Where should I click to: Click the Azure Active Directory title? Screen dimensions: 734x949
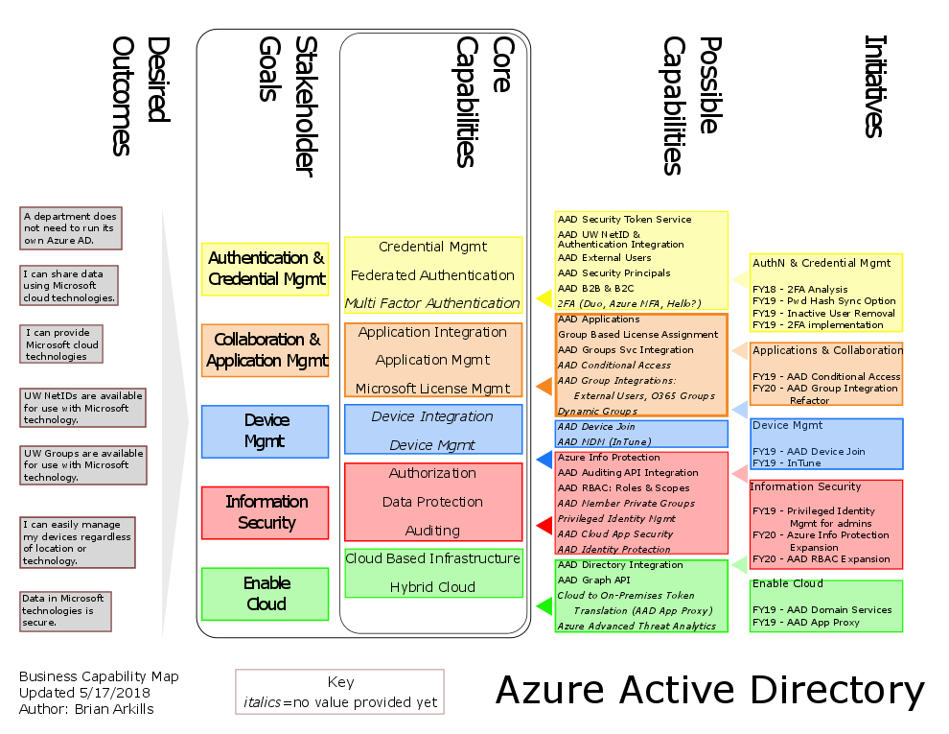(709, 691)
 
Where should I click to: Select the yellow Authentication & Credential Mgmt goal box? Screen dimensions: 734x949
(266, 269)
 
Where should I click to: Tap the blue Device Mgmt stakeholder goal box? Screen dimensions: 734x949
(266, 431)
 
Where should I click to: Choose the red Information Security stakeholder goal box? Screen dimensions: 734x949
(266, 512)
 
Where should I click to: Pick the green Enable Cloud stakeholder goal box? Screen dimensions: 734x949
(266, 593)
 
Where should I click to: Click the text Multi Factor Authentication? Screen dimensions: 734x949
(432, 303)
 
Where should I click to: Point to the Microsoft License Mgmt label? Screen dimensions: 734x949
(432, 389)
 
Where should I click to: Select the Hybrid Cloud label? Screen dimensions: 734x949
(432, 587)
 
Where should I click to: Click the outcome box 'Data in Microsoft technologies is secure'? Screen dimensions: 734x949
(65, 610)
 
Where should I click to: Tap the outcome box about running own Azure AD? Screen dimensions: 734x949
(69, 228)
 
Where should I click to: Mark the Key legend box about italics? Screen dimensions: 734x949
(340, 692)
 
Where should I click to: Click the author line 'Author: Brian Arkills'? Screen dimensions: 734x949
(86, 709)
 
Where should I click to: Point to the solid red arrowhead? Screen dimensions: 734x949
(543, 525)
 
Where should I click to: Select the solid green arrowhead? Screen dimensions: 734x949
(544, 605)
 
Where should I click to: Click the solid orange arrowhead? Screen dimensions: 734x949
(544, 387)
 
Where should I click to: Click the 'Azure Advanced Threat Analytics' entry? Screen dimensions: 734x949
(637, 626)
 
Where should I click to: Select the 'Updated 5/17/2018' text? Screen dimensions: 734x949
(79, 693)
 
